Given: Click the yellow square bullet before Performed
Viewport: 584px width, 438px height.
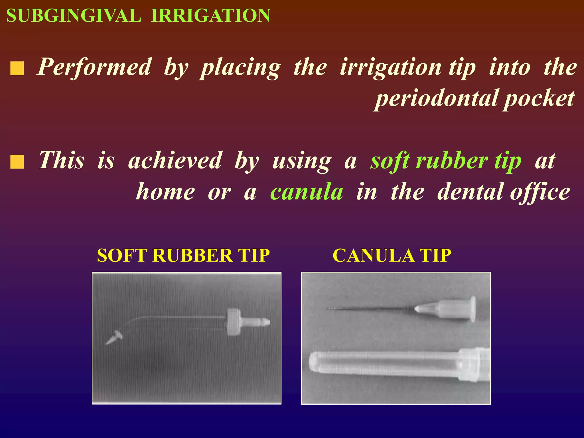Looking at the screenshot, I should point(17,69).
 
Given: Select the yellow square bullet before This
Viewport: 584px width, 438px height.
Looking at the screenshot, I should point(17,162).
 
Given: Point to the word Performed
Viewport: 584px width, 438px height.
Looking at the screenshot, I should point(94,67).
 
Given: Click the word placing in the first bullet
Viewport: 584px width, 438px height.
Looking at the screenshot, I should point(240,68).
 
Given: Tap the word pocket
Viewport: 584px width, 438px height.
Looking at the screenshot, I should point(539,99).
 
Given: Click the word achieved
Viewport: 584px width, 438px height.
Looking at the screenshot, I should point(175,160).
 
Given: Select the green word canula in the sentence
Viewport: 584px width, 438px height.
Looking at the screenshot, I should point(307,192).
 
